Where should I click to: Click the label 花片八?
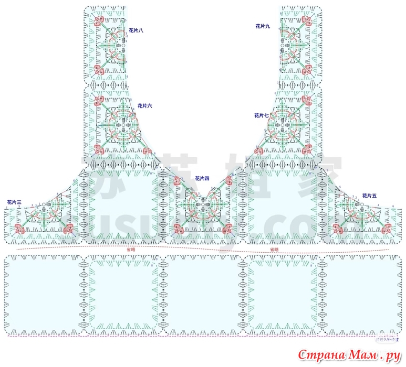136,31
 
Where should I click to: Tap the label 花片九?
262,26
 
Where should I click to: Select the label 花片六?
144,106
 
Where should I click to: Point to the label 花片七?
262,115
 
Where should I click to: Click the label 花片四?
202,179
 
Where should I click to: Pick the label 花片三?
14,202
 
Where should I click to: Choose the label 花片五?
369,196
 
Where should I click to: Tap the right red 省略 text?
274,249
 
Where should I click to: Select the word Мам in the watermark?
363,356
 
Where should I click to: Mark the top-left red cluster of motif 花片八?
98,21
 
